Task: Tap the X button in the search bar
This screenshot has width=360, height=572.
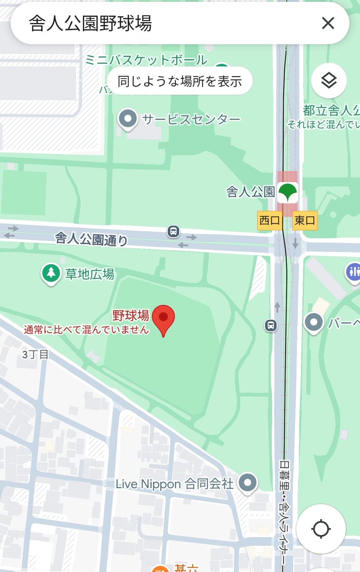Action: tap(328, 23)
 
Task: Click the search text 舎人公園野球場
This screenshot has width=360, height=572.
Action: tap(91, 23)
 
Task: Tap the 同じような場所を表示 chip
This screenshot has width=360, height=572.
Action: tap(179, 81)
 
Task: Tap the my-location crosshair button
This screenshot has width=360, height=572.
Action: tap(321, 529)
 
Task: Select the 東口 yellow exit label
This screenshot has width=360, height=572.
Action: tap(305, 221)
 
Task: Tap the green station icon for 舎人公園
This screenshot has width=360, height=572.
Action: tap(288, 192)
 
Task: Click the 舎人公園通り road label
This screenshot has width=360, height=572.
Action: tap(91, 237)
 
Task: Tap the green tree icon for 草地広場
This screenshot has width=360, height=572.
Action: tap(50, 274)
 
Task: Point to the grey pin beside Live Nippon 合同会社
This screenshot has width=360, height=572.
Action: tap(247, 483)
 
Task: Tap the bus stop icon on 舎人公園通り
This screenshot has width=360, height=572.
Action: tap(174, 232)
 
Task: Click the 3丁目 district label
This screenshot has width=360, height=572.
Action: tap(35, 354)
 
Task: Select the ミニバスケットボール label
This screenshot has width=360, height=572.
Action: tap(146, 60)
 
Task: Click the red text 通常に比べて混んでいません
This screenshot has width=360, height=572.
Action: tap(87, 329)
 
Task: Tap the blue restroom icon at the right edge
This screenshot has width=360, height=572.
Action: tap(354, 271)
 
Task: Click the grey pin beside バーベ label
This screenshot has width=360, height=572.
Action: tap(314, 323)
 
